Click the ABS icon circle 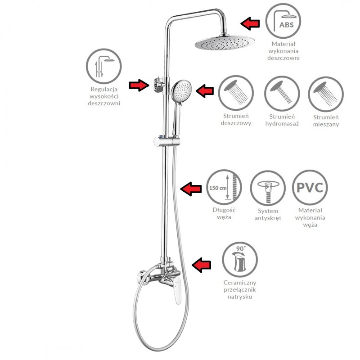(283, 21)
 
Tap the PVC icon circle (310, 187)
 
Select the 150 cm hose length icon (224, 187)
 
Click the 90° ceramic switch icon (240, 260)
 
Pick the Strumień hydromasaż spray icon (282, 94)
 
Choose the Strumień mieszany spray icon (326, 94)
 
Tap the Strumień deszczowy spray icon (236, 94)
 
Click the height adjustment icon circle (104, 66)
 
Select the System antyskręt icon (268, 188)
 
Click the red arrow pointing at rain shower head (250, 23)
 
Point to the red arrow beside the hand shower (205, 91)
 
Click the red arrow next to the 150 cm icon (191, 189)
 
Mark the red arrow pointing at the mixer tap (201, 265)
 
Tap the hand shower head (181, 91)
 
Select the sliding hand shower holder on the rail (166, 141)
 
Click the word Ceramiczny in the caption (240, 283)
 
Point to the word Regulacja (104, 89)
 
